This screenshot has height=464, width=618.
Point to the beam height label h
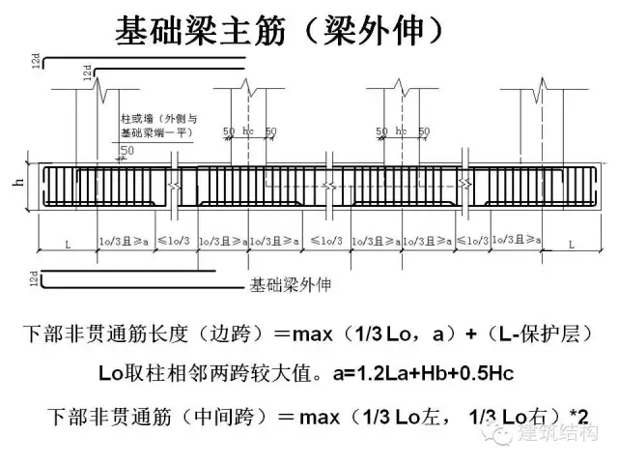point(21,186)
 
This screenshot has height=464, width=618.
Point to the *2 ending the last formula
point(578,417)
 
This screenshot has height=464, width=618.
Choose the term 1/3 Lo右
point(516,417)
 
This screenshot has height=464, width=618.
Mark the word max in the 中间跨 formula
point(320,417)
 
